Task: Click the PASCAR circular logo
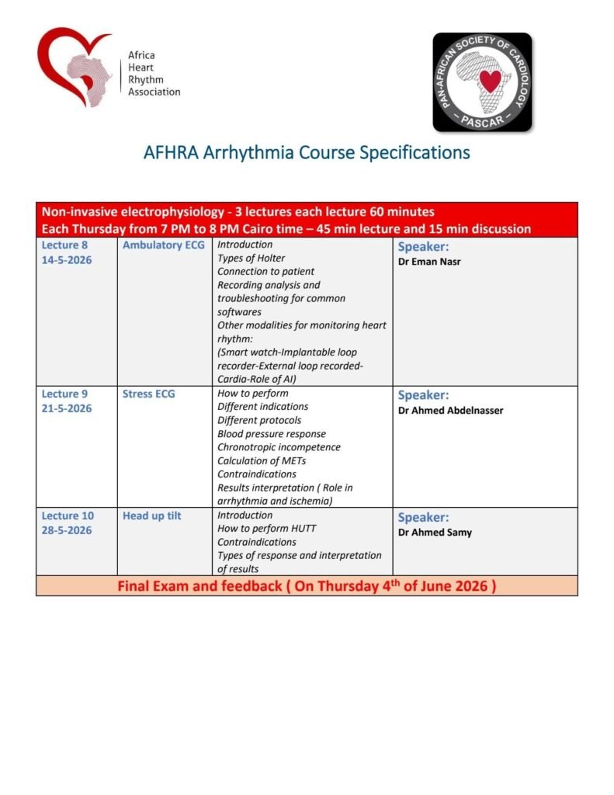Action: tap(482, 82)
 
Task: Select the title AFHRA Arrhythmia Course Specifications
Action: tap(307, 152)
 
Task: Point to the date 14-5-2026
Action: tap(67, 260)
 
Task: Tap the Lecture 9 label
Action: tap(64, 394)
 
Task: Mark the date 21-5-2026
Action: tap(67, 408)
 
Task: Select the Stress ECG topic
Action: tap(149, 394)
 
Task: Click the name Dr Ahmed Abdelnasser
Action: tap(450, 410)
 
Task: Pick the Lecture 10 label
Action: tap(68, 516)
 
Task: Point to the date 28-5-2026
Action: tap(67, 530)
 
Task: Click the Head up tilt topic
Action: tap(152, 516)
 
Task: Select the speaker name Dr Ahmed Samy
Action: tap(435, 532)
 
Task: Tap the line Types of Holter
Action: tap(251, 259)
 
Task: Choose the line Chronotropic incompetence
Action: tap(279, 447)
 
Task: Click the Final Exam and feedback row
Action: tap(307, 585)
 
